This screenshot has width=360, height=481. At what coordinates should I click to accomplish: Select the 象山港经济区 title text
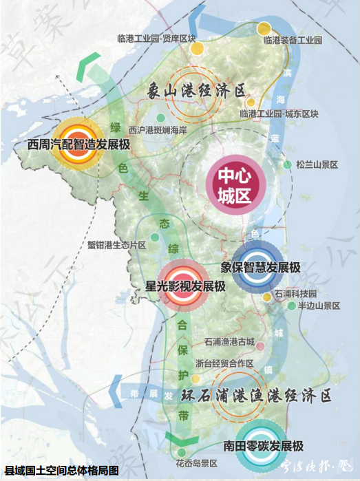pyautogui.click(x=196, y=91)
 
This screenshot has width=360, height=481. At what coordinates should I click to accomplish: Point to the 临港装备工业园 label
pyautogui.click(x=293, y=40)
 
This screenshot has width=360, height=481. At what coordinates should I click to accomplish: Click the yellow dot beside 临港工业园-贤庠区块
pyautogui.click(x=196, y=50)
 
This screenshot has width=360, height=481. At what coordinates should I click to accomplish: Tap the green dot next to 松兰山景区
pyautogui.click(x=289, y=165)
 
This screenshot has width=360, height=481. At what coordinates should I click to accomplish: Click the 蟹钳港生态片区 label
pyautogui.click(x=116, y=245)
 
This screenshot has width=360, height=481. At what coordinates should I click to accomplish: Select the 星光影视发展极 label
pyautogui.click(x=184, y=286)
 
